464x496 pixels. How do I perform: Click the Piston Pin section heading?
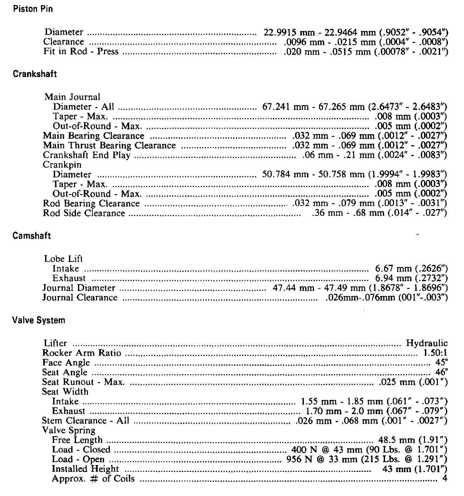click(x=33, y=9)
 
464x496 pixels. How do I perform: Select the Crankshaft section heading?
click(x=34, y=74)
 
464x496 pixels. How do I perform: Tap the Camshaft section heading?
click(x=32, y=236)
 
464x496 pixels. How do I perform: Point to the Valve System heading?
click(x=38, y=320)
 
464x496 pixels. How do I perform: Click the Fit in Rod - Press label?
click(x=81, y=52)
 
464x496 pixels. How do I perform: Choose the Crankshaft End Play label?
click(x=86, y=155)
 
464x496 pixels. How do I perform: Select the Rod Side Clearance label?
click(x=84, y=213)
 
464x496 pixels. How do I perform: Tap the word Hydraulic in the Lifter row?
click(x=427, y=343)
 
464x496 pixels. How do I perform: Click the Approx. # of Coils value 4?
click(x=445, y=479)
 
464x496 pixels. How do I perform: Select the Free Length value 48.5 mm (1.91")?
click(x=413, y=440)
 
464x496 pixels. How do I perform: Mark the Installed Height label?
click(x=85, y=469)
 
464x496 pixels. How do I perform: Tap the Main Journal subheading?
click(x=72, y=97)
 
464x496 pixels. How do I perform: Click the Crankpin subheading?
click(x=62, y=165)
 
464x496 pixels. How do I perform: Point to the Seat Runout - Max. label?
click(x=83, y=382)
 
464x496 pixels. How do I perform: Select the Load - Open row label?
click(x=78, y=459)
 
